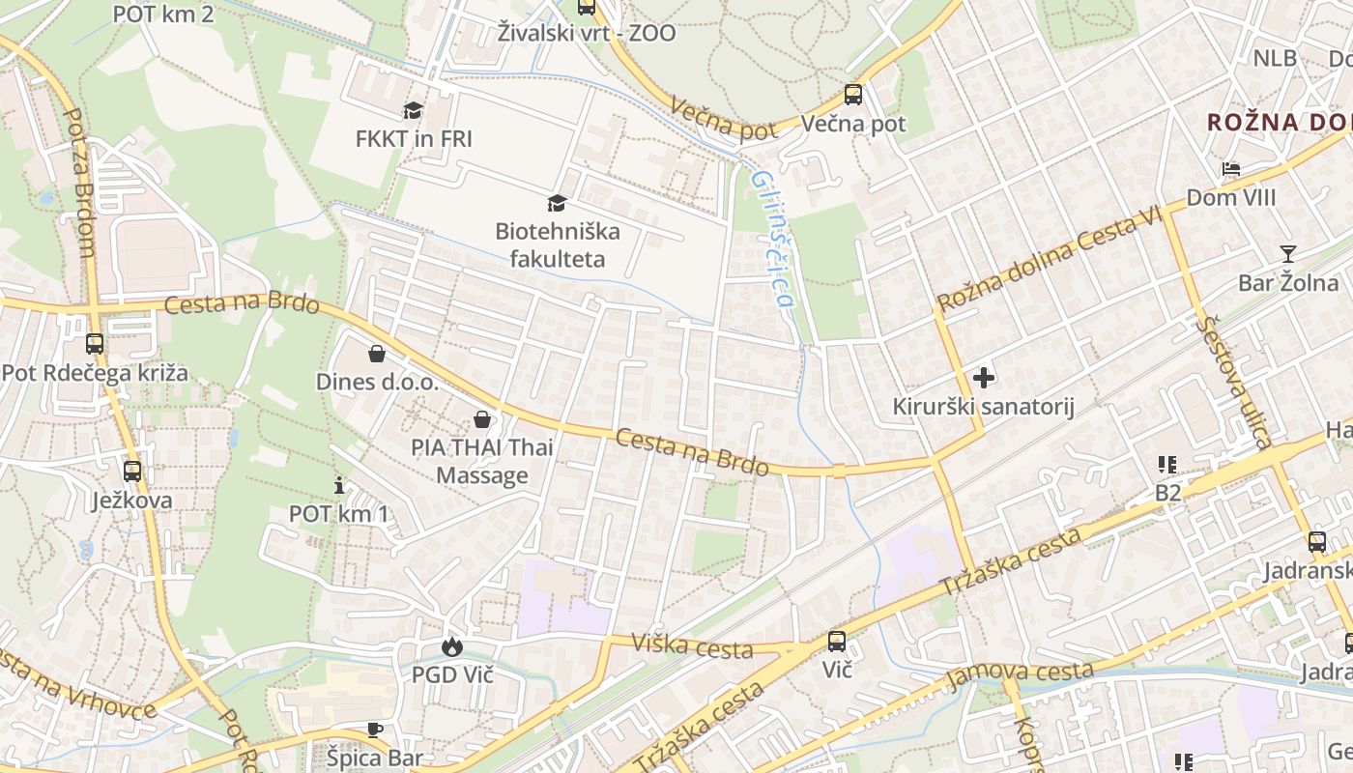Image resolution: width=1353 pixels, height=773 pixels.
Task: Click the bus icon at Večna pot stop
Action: [852, 95]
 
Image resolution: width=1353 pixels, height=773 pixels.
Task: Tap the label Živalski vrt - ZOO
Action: [587, 33]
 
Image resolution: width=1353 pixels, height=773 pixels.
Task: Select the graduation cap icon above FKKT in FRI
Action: [414, 111]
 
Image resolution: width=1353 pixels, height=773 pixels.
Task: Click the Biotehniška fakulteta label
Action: [557, 244]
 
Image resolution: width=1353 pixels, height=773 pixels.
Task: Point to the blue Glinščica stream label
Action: [773, 239]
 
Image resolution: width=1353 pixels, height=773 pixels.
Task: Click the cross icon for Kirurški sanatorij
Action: [984, 378]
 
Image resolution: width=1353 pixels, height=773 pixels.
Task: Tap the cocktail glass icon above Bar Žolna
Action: [1287, 254]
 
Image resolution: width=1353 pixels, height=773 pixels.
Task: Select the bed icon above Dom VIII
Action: [1230, 169]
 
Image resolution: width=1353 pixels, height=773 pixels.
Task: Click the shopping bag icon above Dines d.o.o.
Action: [377, 354]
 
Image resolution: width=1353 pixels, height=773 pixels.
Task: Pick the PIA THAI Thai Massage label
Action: [482, 461]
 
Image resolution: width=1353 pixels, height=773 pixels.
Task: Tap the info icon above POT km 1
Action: [339, 485]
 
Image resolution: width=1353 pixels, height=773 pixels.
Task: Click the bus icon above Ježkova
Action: [132, 472]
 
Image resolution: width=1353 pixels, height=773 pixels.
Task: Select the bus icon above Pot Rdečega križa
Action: [95, 344]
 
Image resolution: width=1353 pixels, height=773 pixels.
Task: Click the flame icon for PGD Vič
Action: [451, 646]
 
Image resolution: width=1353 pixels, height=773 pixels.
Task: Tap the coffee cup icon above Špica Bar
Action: [375, 730]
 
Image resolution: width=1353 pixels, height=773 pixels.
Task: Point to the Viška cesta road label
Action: [691, 644]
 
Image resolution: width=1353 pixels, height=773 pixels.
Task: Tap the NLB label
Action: [1275, 58]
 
